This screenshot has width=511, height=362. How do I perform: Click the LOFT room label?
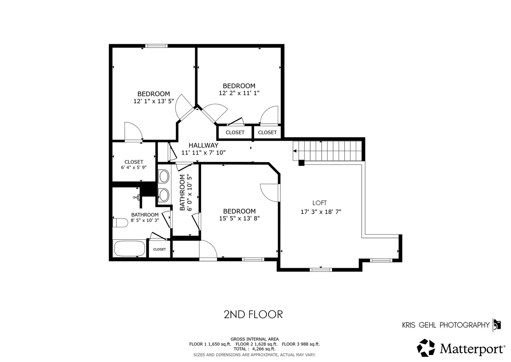[319, 203]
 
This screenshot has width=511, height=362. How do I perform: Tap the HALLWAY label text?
[203, 145]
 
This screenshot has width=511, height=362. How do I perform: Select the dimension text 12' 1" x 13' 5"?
[154, 101]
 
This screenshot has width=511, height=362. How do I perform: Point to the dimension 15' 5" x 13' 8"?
[239, 219]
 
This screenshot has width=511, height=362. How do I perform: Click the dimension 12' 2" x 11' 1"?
[239, 93]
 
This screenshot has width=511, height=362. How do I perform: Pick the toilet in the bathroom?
[120, 223]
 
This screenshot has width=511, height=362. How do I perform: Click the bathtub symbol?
[130, 248]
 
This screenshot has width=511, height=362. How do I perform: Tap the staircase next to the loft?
[327, 151]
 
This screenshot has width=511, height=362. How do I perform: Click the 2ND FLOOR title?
[253, 314]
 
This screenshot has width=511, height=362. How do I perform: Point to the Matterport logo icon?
[426, 348]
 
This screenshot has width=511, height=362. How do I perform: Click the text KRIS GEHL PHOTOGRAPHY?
[446, 325]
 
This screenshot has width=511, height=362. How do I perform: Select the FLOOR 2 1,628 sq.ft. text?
[256, 344]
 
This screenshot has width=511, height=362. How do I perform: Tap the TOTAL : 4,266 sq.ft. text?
[254, 349]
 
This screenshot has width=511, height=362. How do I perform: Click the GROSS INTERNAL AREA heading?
[255, 339]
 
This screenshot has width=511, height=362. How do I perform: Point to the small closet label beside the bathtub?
[160, 249]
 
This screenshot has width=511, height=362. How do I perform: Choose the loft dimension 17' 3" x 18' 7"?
[321, 212]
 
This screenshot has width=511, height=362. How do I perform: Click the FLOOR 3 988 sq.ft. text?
[301, 344]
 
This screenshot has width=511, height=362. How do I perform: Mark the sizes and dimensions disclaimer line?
[255, 355]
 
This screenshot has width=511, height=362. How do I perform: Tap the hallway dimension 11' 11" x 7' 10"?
[203, 153]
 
